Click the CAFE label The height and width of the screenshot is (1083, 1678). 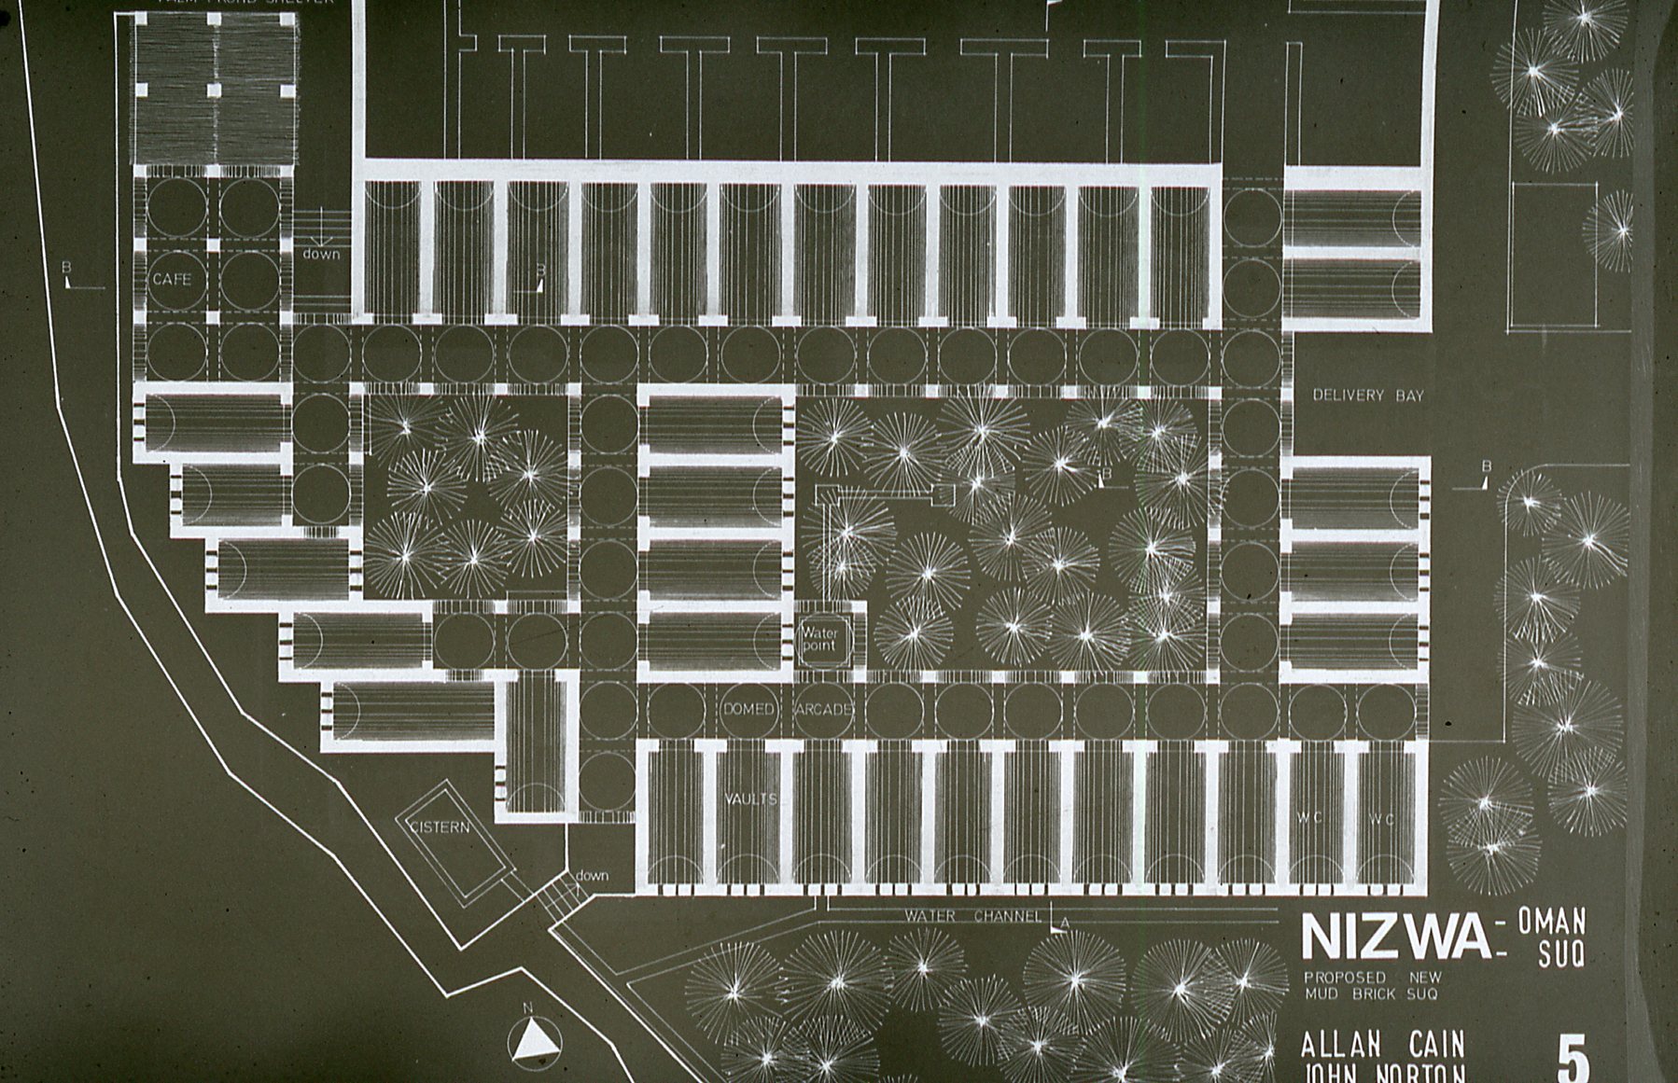tap(172, 279)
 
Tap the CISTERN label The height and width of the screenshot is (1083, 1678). tap(440, 827)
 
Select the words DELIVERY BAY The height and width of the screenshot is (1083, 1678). tap(1368, 396)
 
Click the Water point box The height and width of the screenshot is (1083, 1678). tap(821, 639)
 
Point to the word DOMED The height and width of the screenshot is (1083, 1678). tap(748, 709)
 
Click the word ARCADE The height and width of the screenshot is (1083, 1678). tap(824, 709)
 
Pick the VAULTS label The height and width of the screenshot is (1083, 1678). tap(751, 799)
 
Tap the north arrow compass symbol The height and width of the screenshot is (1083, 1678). tap(535, 1038)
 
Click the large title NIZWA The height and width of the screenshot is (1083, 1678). tap(1395, 936)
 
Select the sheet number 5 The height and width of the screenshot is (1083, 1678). tap(1573, 1058)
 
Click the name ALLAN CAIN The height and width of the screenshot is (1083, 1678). tap(1383, 1044)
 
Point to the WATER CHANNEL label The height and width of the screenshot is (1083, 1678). tap(972, 916)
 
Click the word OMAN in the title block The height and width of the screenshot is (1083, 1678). tap(1551, 922)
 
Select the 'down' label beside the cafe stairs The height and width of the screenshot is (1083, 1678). tap(321, 254)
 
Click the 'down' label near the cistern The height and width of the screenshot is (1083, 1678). tap(592, 875)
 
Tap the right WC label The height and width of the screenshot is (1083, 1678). tap(1382, 819)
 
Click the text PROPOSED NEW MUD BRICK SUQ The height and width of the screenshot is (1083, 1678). tap(1372, 985)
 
